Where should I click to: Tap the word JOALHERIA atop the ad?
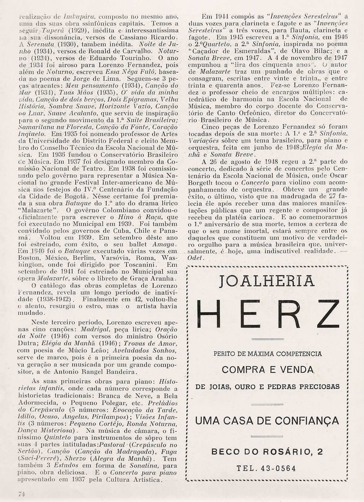267,281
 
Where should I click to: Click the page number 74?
21,494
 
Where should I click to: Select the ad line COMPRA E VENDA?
267,370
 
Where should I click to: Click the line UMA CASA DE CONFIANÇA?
267,420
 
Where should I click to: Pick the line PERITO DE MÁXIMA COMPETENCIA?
267,354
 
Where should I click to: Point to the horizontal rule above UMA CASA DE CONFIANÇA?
267,404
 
